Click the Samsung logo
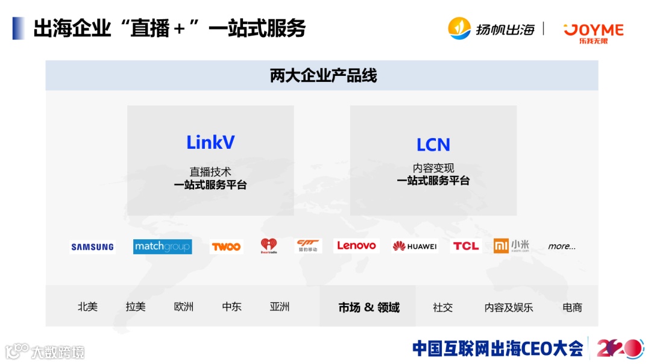92,246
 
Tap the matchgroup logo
162,246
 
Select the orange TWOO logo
226,246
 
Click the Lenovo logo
356,246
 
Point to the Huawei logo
415,246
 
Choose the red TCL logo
466,246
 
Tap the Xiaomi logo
511,246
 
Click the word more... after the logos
562,246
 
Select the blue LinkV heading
210,143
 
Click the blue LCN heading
433,145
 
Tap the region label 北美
87,307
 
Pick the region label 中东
231,307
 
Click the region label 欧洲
184,307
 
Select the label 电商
572,307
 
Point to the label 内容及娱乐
509,307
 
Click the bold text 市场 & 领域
369,307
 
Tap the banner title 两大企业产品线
323,76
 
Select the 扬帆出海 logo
491,28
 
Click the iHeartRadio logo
269,246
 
